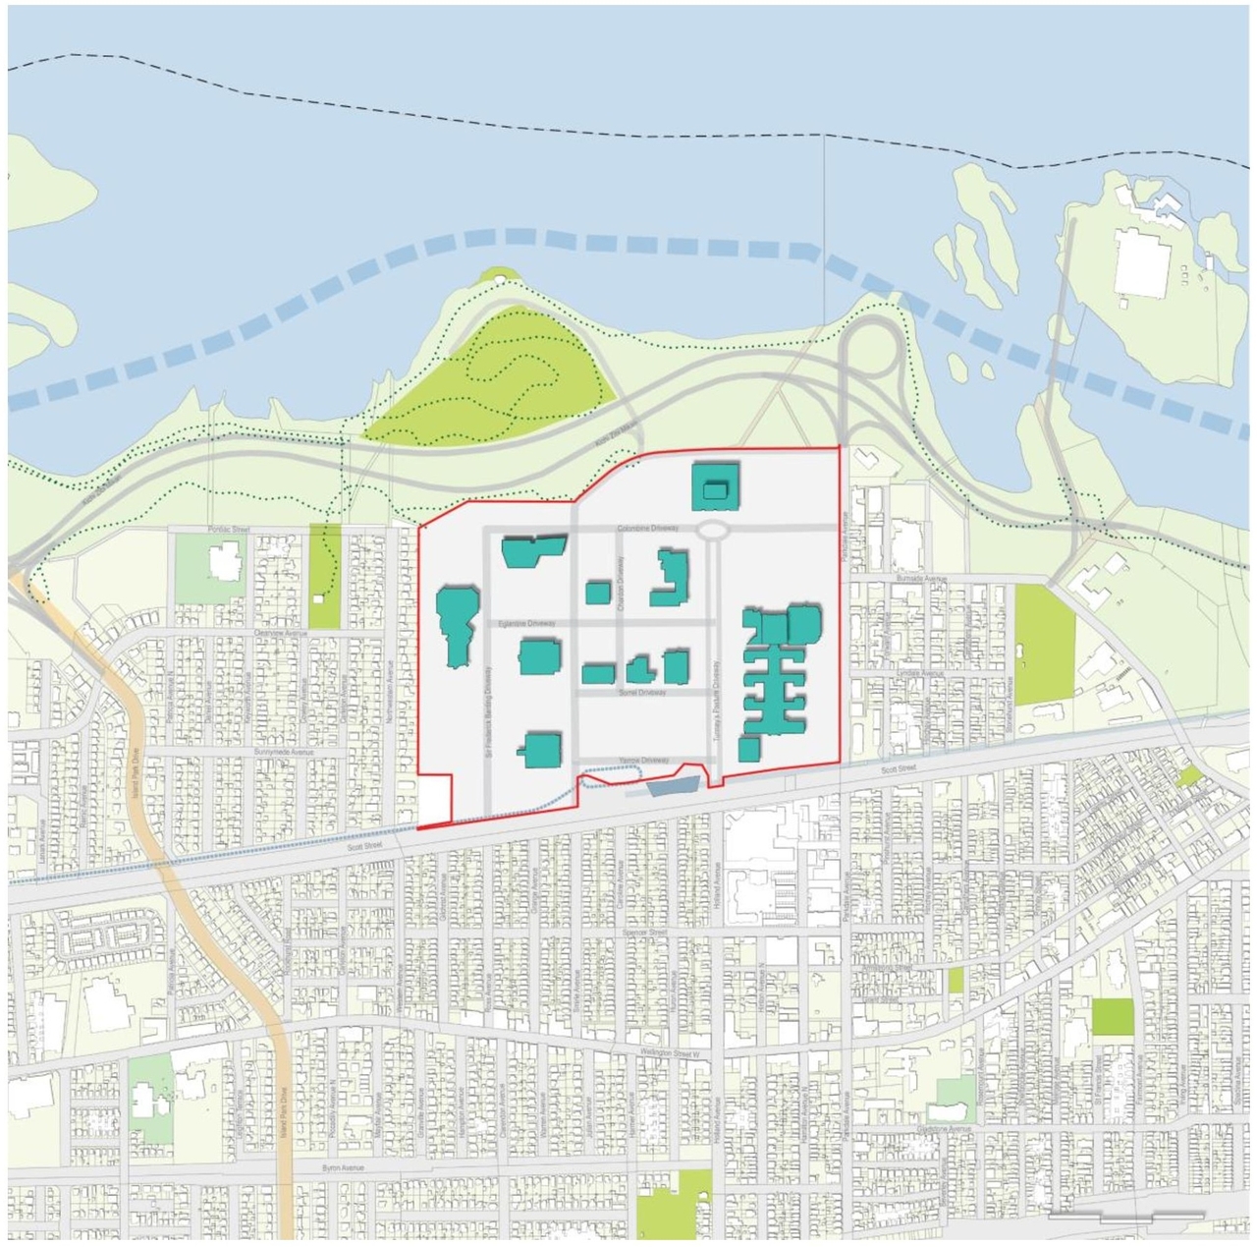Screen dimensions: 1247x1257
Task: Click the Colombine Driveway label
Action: click(647, 529)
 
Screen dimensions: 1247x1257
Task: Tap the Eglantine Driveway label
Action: click(526, 623)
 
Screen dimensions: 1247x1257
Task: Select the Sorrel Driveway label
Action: click(642, 693)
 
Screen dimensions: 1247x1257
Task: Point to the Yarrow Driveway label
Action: click(643, 761)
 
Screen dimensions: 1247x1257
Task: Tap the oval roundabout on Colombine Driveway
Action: click(713, 531)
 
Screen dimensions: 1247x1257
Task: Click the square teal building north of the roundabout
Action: click(715, 487)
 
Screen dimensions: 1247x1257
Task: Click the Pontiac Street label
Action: click(229, 530)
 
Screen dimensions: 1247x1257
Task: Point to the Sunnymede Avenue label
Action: click(283, 752)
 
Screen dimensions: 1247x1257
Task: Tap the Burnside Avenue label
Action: click(921, 579)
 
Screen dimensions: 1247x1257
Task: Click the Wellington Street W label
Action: click(671, 1052)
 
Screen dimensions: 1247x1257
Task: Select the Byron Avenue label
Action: click(343, 1167)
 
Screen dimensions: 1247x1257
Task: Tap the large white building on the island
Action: click(1142, 263)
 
